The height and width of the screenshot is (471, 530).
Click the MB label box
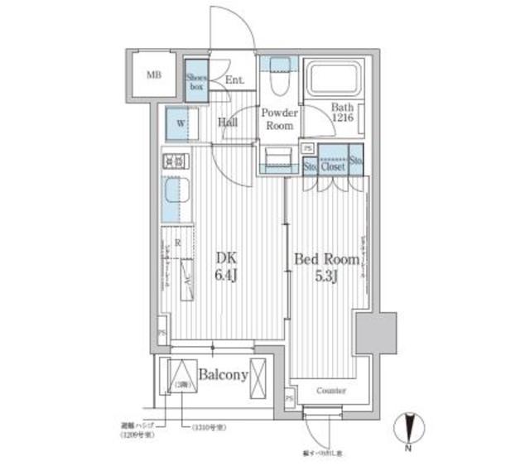click(x=153, y=75)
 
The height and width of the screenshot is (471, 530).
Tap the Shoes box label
click(x=195, y=80)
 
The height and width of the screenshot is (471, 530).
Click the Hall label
click(x=229, y=123)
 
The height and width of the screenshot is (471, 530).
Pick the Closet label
click(x=333, y=166)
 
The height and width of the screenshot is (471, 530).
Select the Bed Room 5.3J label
click(x=327, y=267)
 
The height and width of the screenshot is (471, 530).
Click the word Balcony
click(x=223, y=375)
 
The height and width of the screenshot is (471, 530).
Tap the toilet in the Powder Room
click(x=277, y=81)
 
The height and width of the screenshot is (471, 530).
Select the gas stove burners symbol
click(x=174, y=162)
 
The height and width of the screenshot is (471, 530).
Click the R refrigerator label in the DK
click(x=176, y=243)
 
